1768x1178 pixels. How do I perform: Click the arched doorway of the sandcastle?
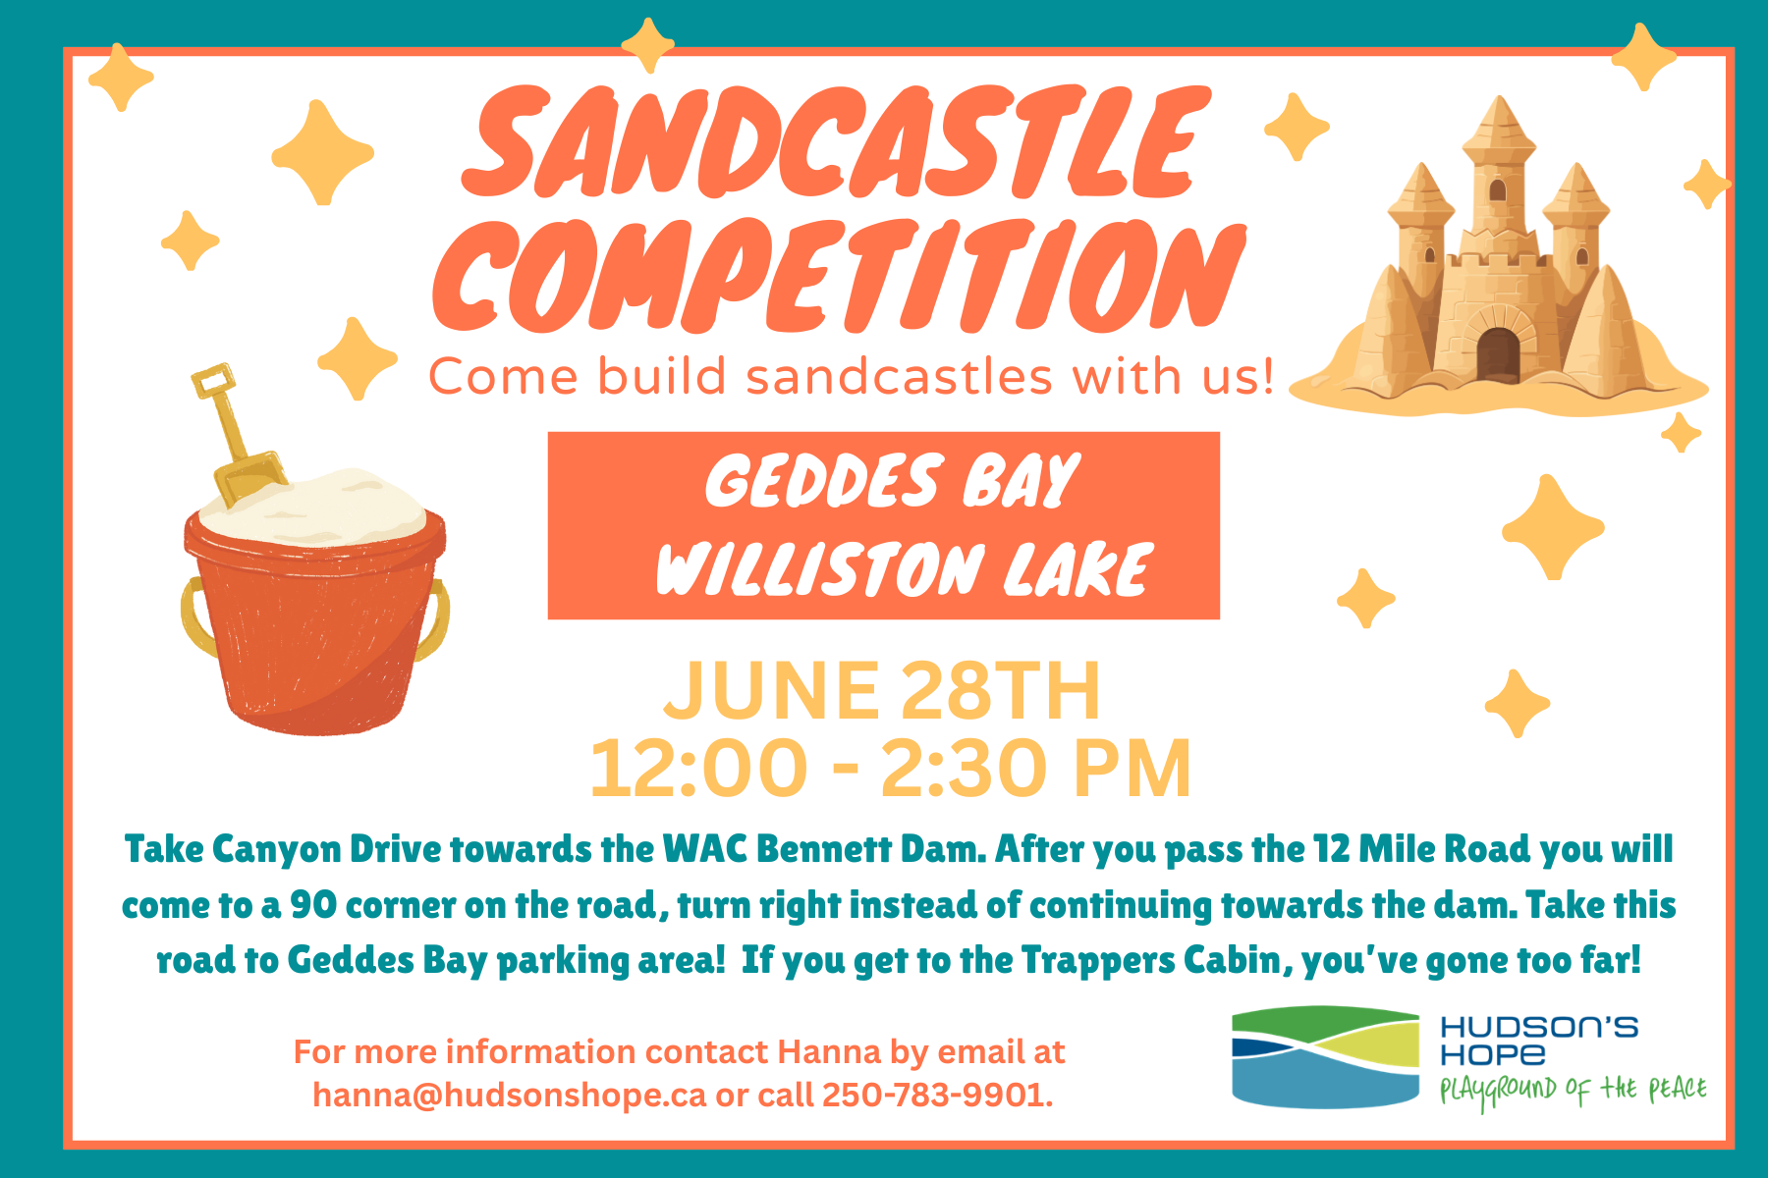1497,355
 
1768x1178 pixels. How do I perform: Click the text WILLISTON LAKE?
904,568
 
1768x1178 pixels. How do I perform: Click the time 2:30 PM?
1035,768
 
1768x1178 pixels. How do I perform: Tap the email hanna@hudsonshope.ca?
509,1095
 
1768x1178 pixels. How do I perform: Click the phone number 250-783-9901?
933,1095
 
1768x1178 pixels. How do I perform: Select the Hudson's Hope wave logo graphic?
1325,1057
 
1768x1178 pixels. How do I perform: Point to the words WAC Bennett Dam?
824,849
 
